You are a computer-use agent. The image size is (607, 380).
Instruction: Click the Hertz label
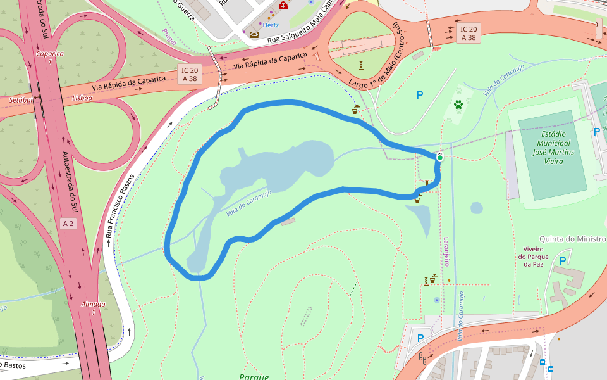(271, 25)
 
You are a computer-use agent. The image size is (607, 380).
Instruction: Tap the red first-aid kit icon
(283, 6)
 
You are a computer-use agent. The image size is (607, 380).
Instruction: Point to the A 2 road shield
(68, 224)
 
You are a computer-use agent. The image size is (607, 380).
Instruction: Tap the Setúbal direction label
(20, 100)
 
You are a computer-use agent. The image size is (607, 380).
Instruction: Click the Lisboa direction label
(82, 98)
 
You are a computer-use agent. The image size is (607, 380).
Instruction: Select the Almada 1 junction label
(93, 308)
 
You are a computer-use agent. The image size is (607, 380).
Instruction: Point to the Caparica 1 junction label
(50, 58)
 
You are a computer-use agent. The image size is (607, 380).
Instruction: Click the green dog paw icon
(458, 104)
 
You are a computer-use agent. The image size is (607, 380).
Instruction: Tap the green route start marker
(439, 157)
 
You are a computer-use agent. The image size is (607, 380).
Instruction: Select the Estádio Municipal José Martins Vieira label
(553, 148)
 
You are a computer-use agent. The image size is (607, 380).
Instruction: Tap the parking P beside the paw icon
(419, 95)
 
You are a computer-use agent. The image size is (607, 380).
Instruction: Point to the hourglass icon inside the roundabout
(360, 65)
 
